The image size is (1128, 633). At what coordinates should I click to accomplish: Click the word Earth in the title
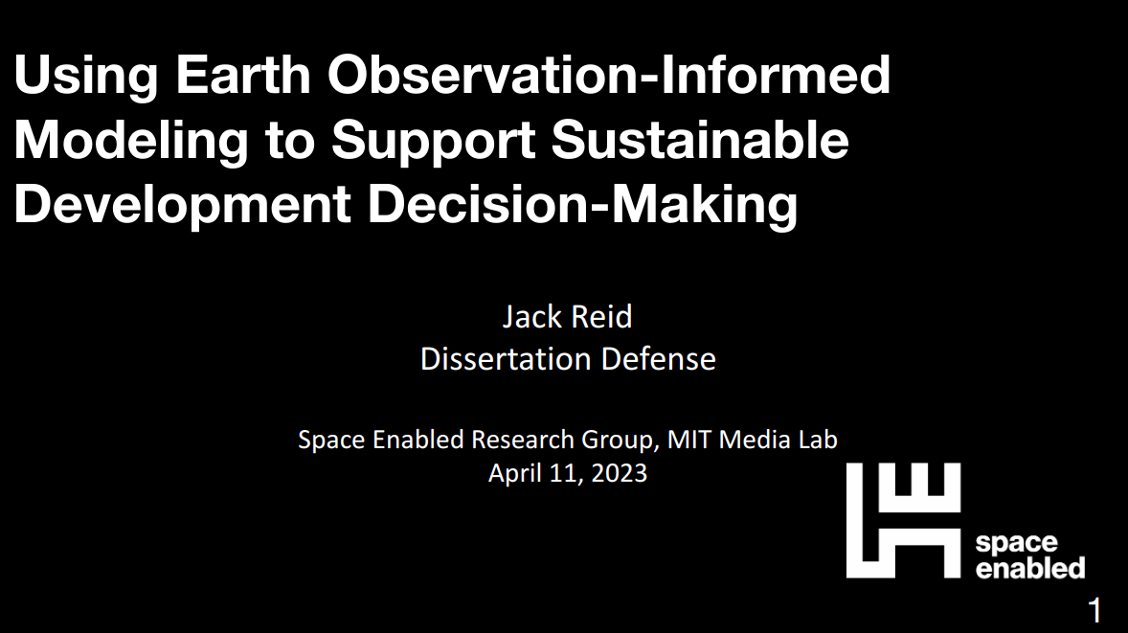pos(242,74)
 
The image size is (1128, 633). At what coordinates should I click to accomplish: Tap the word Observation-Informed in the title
pos(609,74)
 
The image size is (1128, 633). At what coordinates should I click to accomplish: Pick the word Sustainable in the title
pos(700,139)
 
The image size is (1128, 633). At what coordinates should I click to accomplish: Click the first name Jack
pos(530,317)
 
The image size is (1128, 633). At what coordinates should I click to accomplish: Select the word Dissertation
pos(505,359)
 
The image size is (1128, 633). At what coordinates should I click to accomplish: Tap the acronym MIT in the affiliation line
pos(689,439)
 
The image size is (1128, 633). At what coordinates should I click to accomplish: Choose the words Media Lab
pos(778,439)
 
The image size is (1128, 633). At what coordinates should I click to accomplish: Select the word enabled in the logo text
pos(1030,568)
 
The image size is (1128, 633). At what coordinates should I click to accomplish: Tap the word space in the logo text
pos(1017,543)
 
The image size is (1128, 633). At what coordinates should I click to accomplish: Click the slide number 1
pos(1094,611)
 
